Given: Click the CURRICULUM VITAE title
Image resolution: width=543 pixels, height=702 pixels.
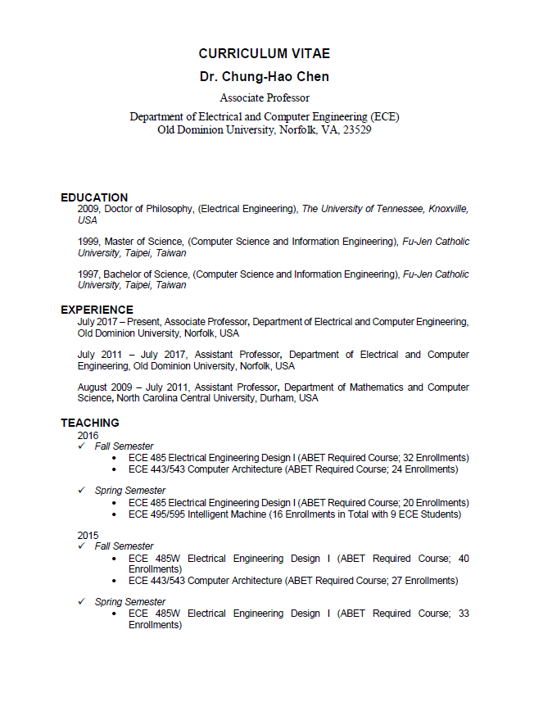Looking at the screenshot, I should (x=264, y=54).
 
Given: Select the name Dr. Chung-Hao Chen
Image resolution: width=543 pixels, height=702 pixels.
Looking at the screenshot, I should (x=264, y=77).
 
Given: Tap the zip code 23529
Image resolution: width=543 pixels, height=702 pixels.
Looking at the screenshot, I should (x=357, y=130).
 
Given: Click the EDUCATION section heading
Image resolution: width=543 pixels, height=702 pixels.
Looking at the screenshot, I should (x=94, y=197).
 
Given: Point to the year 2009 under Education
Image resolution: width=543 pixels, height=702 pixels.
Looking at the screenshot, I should (x=88, y=210).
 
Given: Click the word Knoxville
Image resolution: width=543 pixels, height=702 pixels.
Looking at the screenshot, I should (x=447, y=210).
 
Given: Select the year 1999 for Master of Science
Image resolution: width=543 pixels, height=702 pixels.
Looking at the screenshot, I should (x=88, y=242).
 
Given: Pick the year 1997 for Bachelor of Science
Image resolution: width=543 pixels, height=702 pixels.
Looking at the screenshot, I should (x=88, y=274).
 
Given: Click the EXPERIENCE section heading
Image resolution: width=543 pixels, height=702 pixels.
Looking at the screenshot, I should (x=97, y=310).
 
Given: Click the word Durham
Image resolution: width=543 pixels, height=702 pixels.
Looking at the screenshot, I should (x=278, y=398).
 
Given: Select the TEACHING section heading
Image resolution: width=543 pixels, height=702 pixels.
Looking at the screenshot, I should (x=89, y=423).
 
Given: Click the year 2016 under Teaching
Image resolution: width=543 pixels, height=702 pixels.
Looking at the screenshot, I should (x=88, y=435).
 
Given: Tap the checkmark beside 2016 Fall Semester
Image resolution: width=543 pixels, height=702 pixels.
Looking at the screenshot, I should (x=82, y=446).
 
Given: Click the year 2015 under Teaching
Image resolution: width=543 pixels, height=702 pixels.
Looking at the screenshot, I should (x=88, y=535).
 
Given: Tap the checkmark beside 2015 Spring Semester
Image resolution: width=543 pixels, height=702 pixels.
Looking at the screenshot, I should (x=82, y=602).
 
